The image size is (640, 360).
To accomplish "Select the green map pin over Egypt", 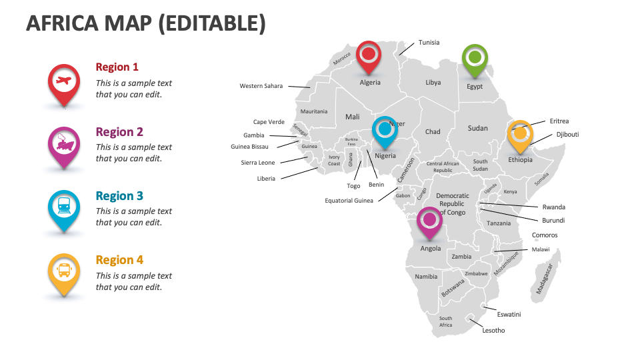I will [x=474, y=58].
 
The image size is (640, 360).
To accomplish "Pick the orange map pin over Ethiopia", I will [x=520, y=133].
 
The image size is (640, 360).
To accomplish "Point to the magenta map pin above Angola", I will [x=429, y=219].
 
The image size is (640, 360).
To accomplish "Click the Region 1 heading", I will [x=117, y=67].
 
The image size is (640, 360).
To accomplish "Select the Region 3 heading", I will [x=119, y=196].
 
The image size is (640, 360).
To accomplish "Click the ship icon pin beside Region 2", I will [x=64, y=143].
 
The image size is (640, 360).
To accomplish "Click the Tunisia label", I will [x=429, y=43].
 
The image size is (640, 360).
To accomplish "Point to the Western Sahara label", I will [x=261, y=86].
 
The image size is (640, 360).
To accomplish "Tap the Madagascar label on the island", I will [x=545, y=279].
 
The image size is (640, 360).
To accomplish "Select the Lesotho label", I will [x=494, y=331].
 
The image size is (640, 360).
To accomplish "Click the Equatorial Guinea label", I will [x=349, y=201].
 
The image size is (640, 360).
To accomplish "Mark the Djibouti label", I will [x=568, y=135].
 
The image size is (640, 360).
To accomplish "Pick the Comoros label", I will [x=545, y=235].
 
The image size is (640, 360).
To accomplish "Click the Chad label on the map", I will [x=433, y=132].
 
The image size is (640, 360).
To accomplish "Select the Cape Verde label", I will [x=269, y=122].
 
